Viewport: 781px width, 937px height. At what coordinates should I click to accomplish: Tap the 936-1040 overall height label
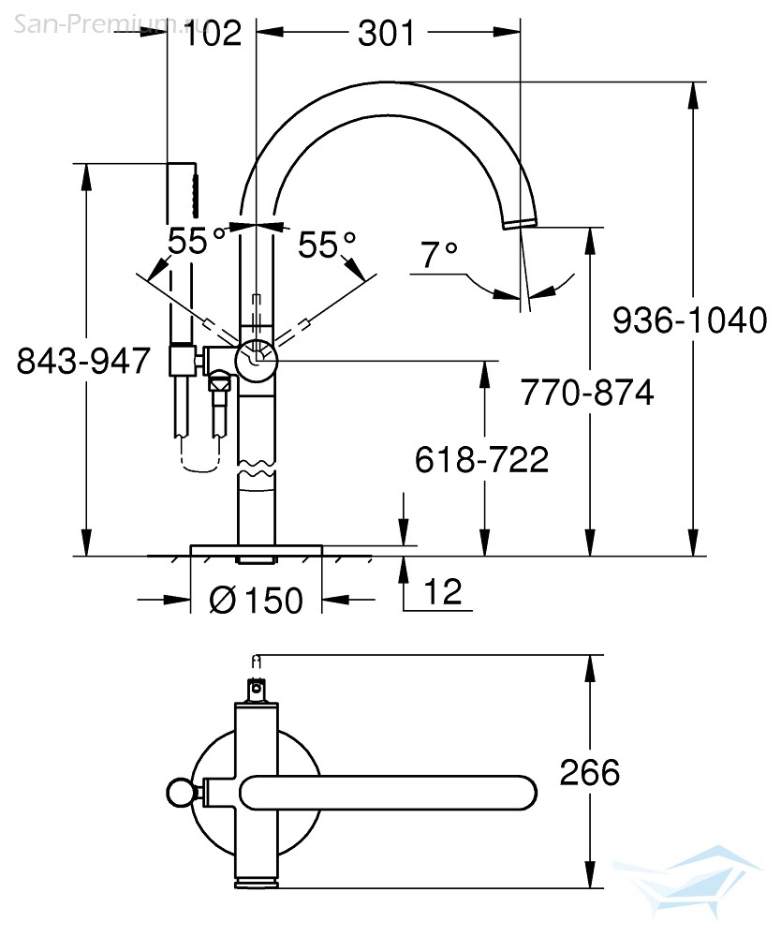(689, 320)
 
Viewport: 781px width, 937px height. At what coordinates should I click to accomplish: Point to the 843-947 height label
(83, 361)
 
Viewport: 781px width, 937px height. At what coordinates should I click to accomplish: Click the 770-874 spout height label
(587, 393)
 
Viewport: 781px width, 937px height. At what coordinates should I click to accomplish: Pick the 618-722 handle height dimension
(481, 459)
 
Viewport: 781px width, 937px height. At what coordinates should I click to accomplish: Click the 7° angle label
(439, 254)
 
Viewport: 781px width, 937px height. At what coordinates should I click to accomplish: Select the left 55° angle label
(197, 241)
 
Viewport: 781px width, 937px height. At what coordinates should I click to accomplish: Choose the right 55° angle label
(326, 245)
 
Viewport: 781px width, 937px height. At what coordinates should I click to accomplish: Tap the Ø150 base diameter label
(257, 600)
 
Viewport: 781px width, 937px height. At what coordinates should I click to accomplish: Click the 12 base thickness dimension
(442, 591)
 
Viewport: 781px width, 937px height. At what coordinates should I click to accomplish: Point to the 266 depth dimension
(589, 772)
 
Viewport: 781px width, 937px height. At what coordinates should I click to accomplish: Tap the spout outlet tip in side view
(520, 223)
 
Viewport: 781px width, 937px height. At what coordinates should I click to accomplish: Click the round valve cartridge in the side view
(257, 361)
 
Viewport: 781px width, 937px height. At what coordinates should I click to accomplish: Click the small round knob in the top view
(179, 793)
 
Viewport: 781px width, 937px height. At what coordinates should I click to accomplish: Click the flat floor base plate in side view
(257, 550)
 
